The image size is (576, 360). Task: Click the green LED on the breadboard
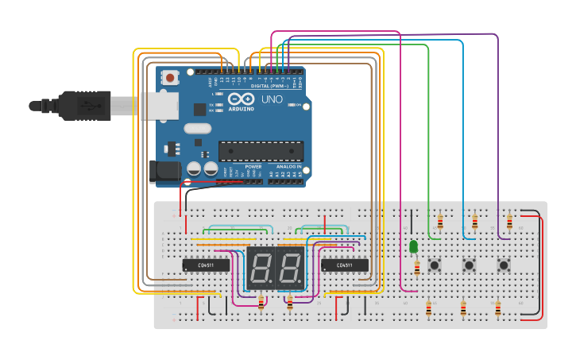point(414,247)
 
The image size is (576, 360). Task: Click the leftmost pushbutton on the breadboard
point(435,265)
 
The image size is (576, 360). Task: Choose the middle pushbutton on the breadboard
point(470,265)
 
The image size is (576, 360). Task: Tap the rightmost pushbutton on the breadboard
point(504,265)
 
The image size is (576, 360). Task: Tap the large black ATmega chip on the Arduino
point(261,150)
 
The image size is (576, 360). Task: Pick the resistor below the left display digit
point(261,302)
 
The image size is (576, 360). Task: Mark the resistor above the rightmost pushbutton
point(509,220)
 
